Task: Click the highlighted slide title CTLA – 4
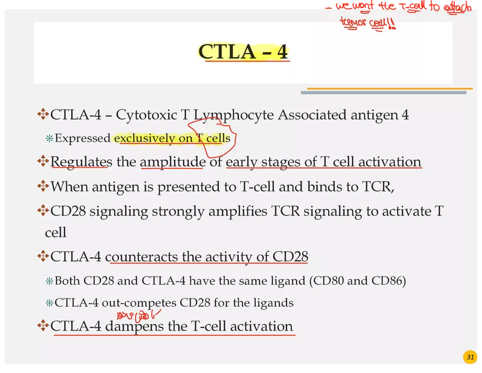[x=243, y=52]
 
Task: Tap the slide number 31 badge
[x=469, y=358]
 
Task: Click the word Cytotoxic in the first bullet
[x=146, y=115]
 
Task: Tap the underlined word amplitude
[x=173, y=162]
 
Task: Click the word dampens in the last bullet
[x=134, y=326]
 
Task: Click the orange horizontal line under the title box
[x=389, y=88]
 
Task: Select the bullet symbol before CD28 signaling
[x=43, y=211]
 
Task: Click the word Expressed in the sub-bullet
[x=83, y=138]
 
